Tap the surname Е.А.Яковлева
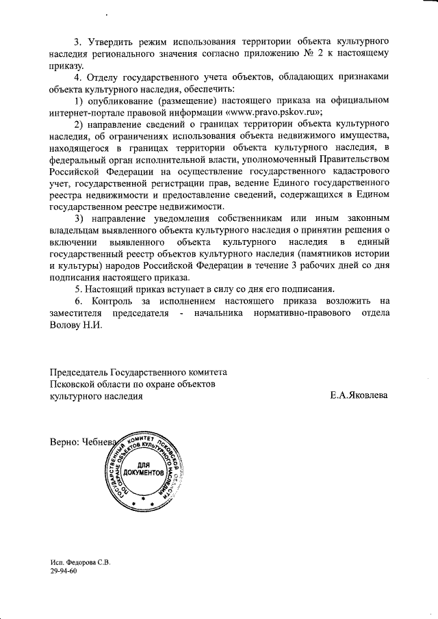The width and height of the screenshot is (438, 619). point(358,395)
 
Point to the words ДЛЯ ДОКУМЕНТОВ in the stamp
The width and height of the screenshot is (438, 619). point(144,469)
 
